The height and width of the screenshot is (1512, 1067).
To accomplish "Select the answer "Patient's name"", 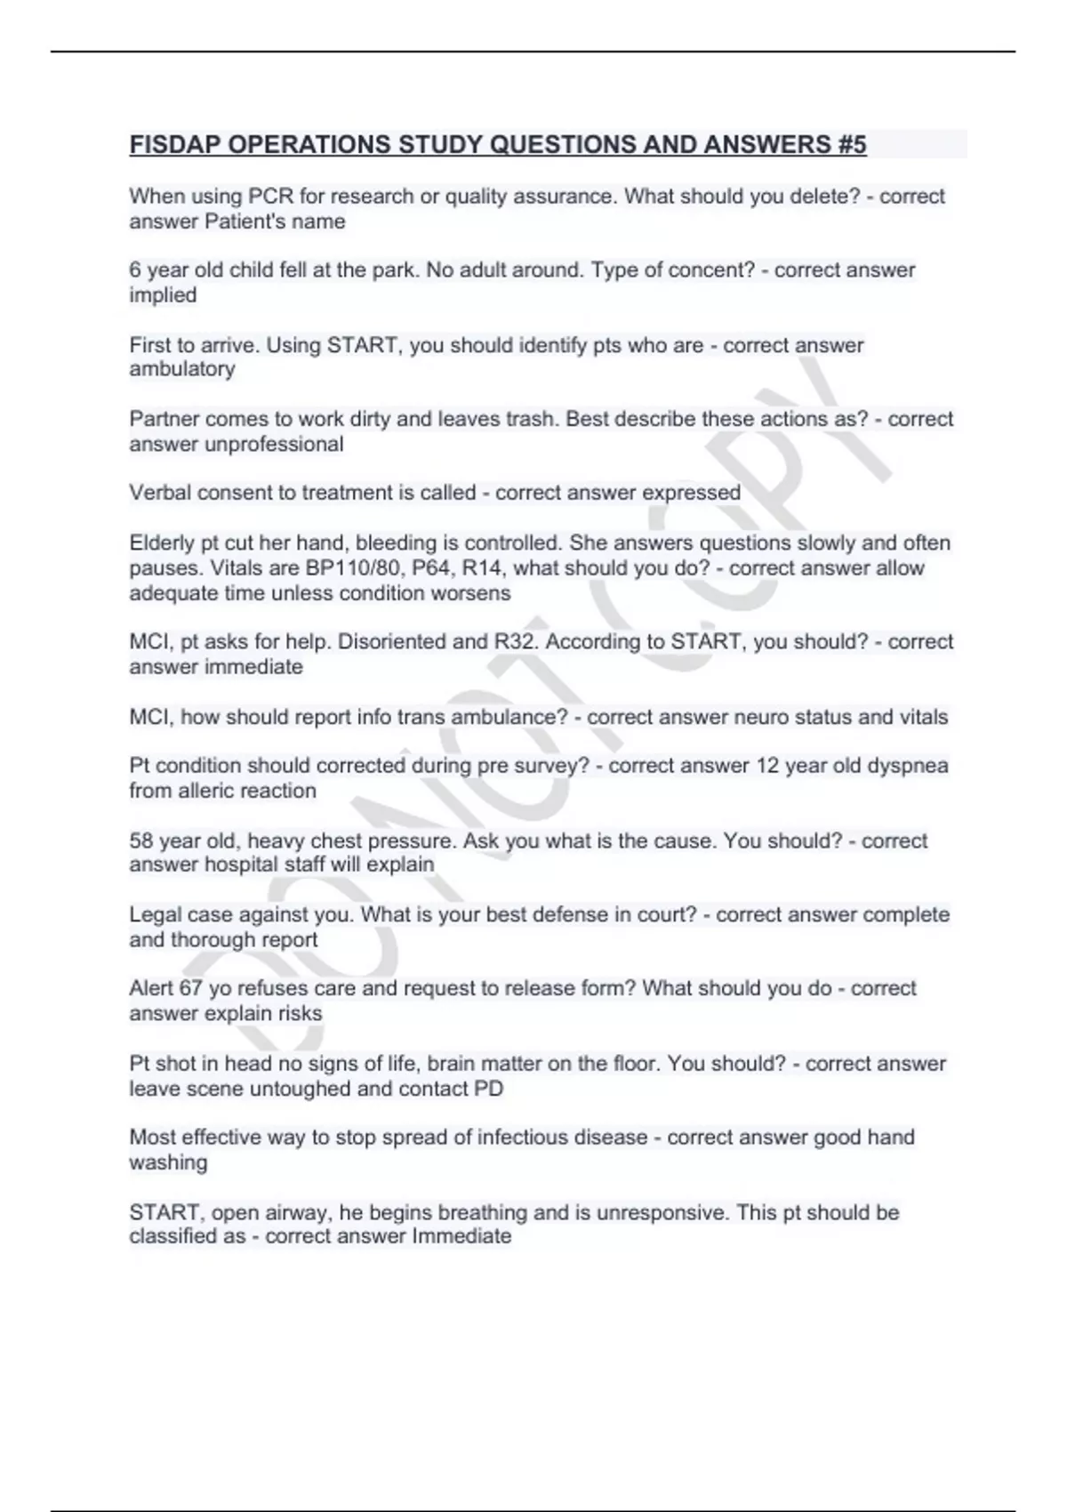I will click(x=275, y=221).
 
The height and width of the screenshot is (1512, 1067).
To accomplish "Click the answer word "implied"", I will click(x=163, y=295).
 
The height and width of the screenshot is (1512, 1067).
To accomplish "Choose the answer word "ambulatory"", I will click(x=182, y=369).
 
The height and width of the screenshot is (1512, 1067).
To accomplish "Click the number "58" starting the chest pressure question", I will click(x=141, y=840).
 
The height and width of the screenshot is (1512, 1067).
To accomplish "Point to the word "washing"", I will click(x=168, y=1162).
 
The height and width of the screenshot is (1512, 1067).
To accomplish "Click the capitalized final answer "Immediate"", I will click(x=461, y=1236).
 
